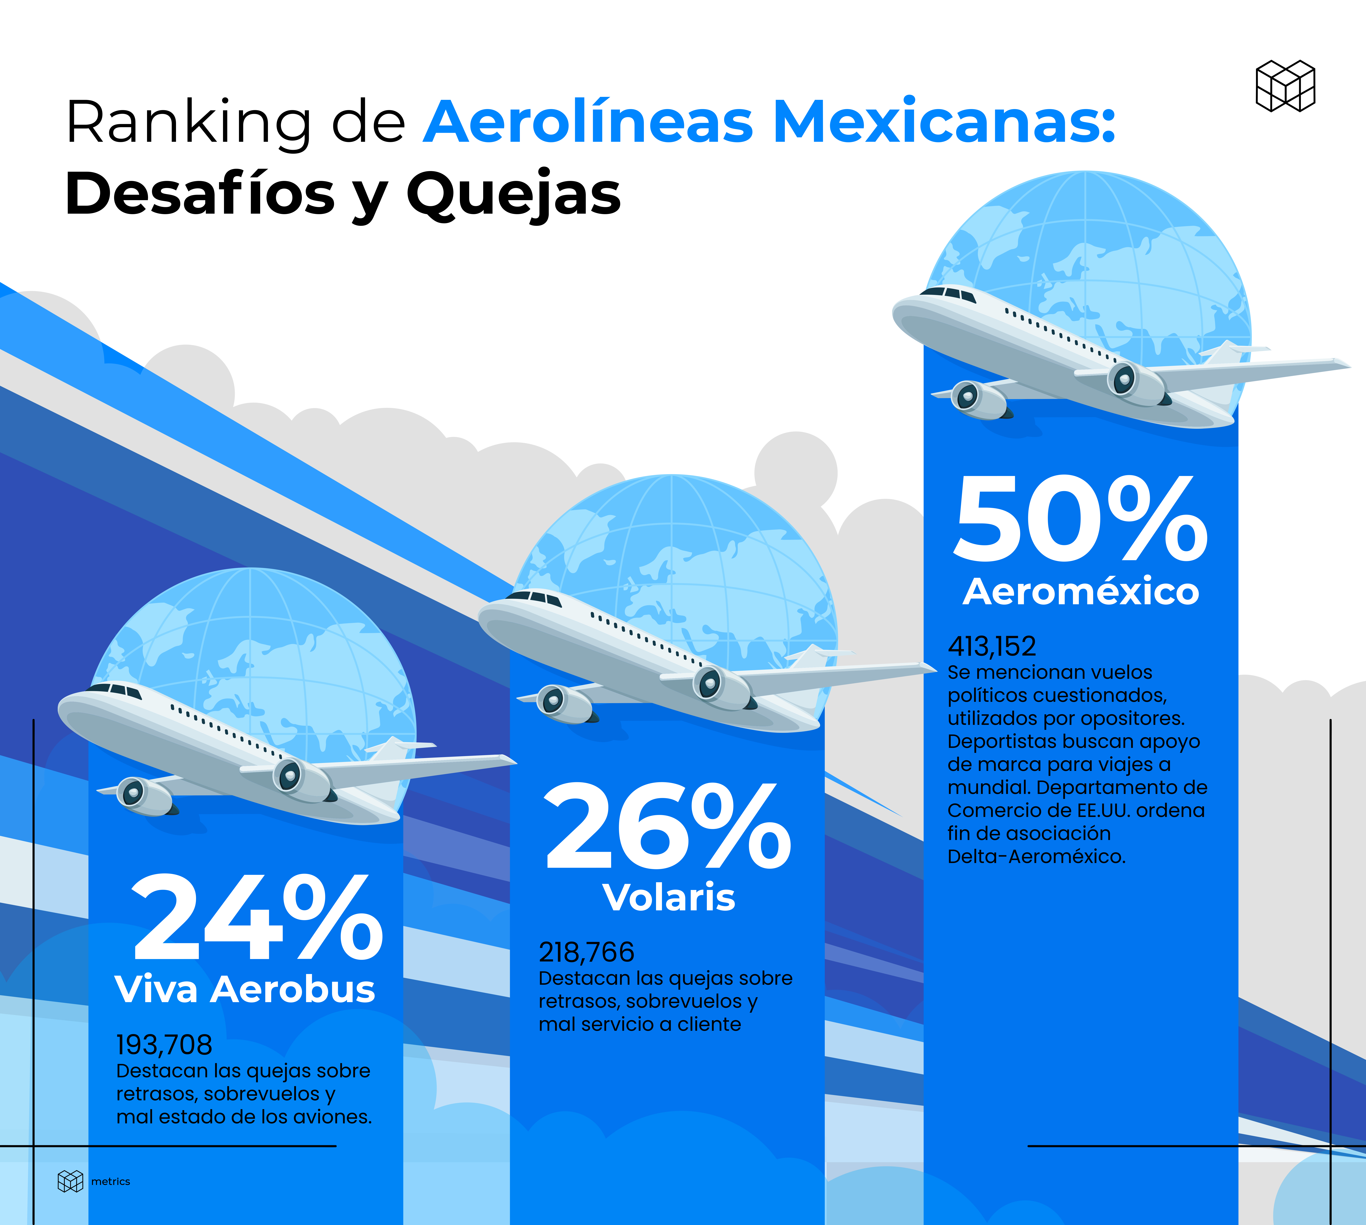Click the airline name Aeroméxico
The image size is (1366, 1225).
point(1081,592)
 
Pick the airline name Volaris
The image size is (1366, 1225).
point(669,897)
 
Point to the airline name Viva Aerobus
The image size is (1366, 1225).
point(245,989)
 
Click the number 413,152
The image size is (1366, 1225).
point(992,646)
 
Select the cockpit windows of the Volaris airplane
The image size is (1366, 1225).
point(534,597)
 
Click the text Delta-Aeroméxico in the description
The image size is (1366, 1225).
point(1036,857)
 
